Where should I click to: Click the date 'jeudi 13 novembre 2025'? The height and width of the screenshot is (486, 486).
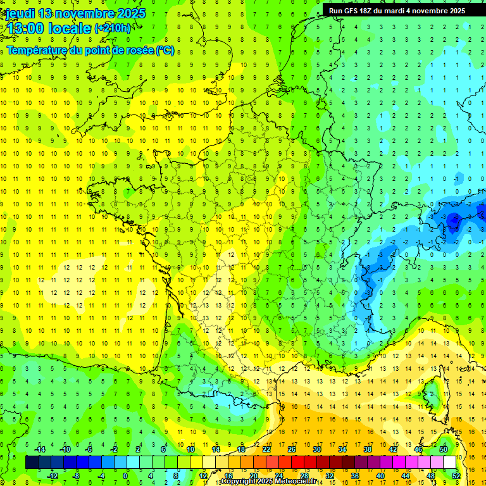[75, 13]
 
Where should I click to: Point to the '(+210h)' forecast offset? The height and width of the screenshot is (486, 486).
[113, 28]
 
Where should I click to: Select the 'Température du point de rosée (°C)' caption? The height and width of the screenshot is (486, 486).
[90, 50]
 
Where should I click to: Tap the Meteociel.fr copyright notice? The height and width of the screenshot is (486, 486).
[268, 482]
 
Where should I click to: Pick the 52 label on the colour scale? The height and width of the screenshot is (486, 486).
[456, 476]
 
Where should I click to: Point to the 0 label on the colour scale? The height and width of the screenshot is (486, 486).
[125, 476]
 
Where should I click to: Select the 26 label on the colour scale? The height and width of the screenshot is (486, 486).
[292, 449]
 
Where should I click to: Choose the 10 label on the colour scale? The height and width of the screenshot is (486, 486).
[190, 449]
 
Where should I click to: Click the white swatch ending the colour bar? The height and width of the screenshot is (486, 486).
[449, 463]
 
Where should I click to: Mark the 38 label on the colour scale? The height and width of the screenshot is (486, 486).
[368, 449]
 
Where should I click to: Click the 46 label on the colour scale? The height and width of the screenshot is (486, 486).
[418, 449]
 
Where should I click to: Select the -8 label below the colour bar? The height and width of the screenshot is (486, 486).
[76, 476]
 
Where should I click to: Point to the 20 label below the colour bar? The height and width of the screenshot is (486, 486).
[254, 476]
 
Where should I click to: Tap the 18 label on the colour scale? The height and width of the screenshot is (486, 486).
[241, 449]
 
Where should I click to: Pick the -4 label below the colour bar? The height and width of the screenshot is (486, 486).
[101, 476]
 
